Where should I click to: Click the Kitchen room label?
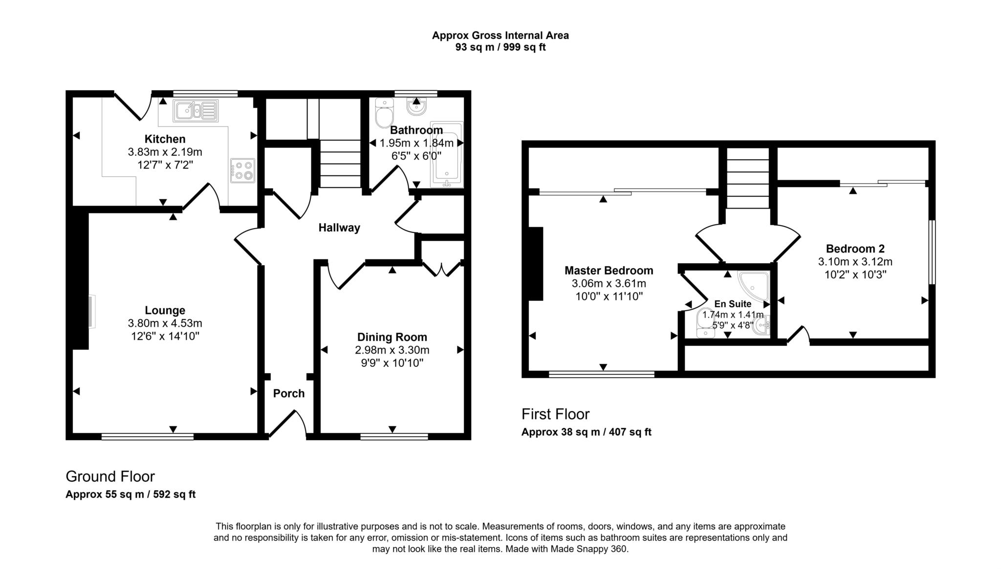point(165,139)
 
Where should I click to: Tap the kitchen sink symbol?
point(195,111)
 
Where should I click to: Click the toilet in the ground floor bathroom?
point(384,113)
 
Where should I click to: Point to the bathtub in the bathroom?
point(446,154)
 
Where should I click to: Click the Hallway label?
point(339,228)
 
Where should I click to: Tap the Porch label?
point(288,394)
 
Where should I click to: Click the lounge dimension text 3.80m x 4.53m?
point(165,323)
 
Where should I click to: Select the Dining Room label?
point(392,337)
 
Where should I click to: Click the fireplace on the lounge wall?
point(92,311)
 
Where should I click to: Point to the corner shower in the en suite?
point(754,286)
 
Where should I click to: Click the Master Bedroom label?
point(609,271)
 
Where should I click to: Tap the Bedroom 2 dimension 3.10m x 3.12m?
point(855,262)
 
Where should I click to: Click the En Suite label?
point(733,304)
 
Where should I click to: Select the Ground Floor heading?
point(110,476)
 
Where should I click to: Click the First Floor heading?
point(555,414)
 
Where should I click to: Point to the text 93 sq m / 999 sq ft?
point(500,47)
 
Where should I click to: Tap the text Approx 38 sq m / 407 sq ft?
point(586,432)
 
